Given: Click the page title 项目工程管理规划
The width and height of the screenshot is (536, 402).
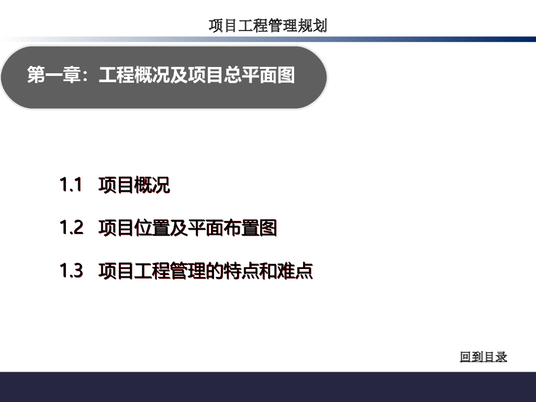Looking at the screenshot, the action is (268, 26).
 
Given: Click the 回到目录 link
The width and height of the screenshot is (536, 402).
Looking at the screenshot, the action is (483, 356).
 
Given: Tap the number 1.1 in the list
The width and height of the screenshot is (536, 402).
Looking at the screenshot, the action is (71, 185).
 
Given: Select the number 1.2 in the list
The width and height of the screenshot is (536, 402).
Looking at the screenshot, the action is (71, 227).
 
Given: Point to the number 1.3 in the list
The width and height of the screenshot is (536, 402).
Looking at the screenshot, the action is (71, 271).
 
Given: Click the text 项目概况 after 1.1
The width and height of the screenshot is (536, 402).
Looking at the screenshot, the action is (134, 185).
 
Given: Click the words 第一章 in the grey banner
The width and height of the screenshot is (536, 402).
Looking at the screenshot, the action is (54, 74).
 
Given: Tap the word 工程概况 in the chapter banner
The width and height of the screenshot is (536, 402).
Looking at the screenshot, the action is (135, 74).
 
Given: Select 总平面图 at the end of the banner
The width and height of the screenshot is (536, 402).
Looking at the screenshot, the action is (260, 74).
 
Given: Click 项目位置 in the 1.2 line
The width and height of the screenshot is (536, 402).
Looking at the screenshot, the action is (134, 228).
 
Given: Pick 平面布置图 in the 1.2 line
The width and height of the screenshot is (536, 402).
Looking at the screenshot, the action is (232, 228).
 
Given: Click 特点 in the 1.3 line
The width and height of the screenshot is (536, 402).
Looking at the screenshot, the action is (241, 271).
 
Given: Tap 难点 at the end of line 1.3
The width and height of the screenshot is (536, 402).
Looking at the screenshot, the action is (295, 271).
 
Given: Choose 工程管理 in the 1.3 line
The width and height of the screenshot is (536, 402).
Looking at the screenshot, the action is (170, 271).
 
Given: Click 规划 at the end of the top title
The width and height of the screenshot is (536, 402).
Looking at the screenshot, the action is (312, 26).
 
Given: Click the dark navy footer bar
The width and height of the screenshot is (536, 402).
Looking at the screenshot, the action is (268, 387).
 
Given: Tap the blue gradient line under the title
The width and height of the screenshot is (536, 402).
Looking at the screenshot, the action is (268, 39).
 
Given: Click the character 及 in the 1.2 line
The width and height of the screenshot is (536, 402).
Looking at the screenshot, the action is (179, 228).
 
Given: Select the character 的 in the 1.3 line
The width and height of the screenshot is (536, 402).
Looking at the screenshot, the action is (214, 271).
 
